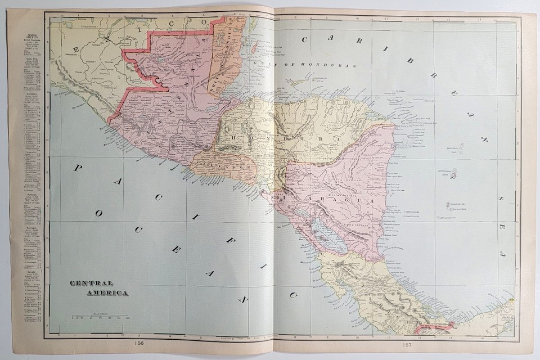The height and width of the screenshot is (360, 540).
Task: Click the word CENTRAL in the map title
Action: [x=92, y=283]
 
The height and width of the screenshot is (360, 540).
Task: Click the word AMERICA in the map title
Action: [x=107, y=292]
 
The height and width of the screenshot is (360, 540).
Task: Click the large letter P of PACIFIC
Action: [x=78, y=170]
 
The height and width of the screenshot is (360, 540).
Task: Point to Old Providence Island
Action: [x=453, y=174]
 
